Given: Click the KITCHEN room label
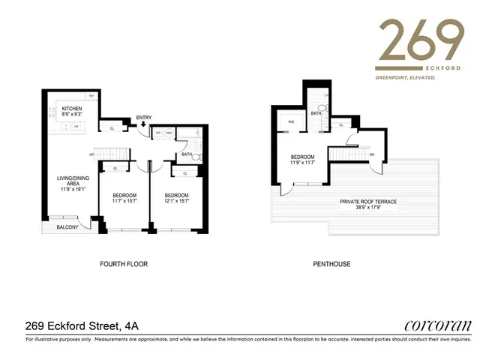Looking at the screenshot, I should click(71, 109).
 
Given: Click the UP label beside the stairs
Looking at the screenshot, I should click(92, 155).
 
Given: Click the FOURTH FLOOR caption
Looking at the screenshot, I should click(124, 264).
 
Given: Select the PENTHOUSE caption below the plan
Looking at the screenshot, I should click(332, 264).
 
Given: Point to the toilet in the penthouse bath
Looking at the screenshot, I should click(322, 108).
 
